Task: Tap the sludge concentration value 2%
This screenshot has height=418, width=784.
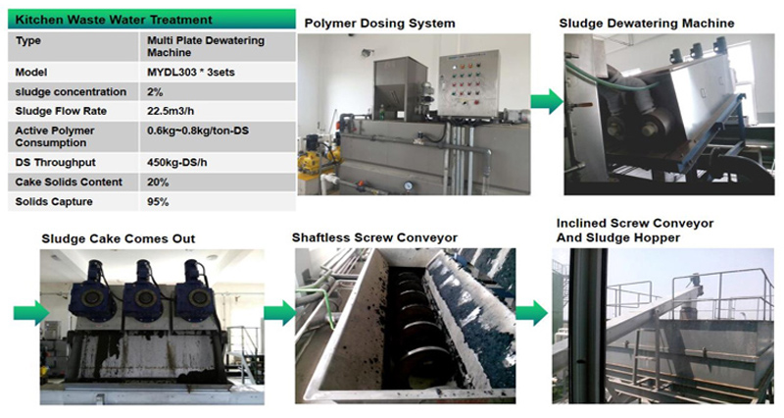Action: coord(155,91)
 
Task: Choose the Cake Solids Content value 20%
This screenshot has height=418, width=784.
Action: coord(158,182)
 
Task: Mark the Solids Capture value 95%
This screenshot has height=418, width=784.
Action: coord(158,201)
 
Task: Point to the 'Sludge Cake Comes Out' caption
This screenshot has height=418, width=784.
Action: coord(118,238)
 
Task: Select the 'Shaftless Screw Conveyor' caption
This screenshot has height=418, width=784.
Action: coord(375,237)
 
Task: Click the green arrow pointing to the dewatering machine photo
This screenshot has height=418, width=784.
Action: coord(546,99)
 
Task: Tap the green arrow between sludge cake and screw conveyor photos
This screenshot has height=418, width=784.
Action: coord(278,313)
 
